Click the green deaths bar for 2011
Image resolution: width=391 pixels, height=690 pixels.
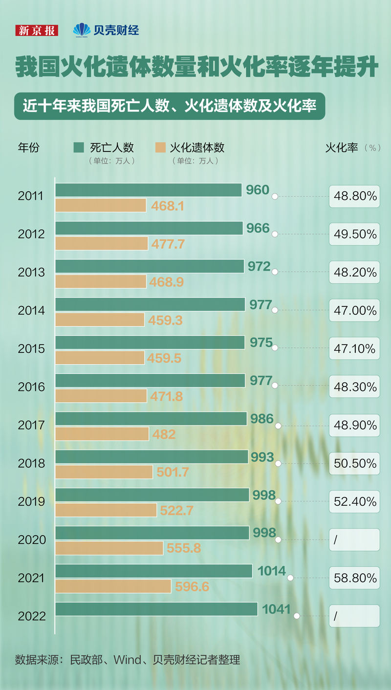(x=149, y=190)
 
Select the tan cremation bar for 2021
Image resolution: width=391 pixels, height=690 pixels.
(x=113, y=586)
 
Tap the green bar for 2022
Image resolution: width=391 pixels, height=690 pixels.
(x=156, y=609)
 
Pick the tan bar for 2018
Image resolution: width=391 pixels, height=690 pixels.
(x=104, y=472)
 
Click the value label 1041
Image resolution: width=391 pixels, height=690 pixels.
(x=276, y=609)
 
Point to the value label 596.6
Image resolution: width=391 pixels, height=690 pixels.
(x=192, y=586)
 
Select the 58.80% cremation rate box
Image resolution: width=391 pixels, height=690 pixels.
(x=354, y=578)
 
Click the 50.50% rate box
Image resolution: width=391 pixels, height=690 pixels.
(x=354, y=463)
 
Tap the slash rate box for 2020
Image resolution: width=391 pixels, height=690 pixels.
(x=354, y=540)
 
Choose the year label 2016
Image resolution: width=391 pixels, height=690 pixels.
(x=31, y=387)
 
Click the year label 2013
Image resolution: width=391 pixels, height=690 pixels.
(x=31, y=272)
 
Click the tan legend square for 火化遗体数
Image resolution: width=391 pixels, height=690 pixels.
(x=160, y=148)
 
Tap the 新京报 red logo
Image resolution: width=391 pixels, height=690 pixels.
(x=37, y=30)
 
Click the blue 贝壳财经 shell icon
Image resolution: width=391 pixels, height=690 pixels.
(x=82, y=30)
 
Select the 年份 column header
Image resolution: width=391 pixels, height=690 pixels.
(x=28, y=147)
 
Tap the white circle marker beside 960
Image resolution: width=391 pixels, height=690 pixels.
(x=275, y=196)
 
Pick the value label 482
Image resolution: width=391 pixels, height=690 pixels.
(x=164, y=434)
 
